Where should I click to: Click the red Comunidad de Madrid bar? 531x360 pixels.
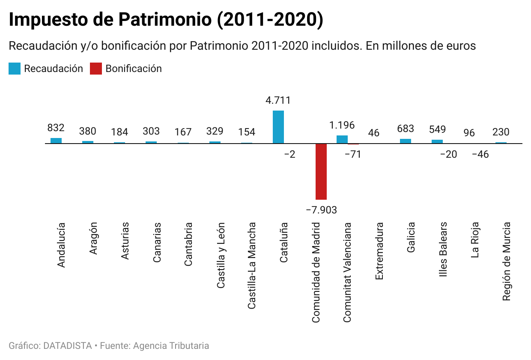321,171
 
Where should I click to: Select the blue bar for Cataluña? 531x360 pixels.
278,127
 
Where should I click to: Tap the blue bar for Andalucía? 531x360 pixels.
56,141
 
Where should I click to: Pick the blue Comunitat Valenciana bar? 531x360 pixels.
342,139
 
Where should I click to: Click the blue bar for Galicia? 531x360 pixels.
406,141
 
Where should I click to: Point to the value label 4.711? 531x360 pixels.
278,101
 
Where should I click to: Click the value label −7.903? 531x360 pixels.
321,210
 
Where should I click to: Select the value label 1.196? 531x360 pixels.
342,125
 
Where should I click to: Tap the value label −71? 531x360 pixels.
353,154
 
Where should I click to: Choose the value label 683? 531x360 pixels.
406,129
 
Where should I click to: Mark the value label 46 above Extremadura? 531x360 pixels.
373,133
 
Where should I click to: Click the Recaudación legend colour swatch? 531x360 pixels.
15,69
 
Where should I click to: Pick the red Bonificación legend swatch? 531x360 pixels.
96,69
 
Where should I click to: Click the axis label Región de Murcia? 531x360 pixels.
507,261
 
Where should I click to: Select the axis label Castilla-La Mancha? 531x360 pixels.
252,265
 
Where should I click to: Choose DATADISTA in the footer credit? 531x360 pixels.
68,345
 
